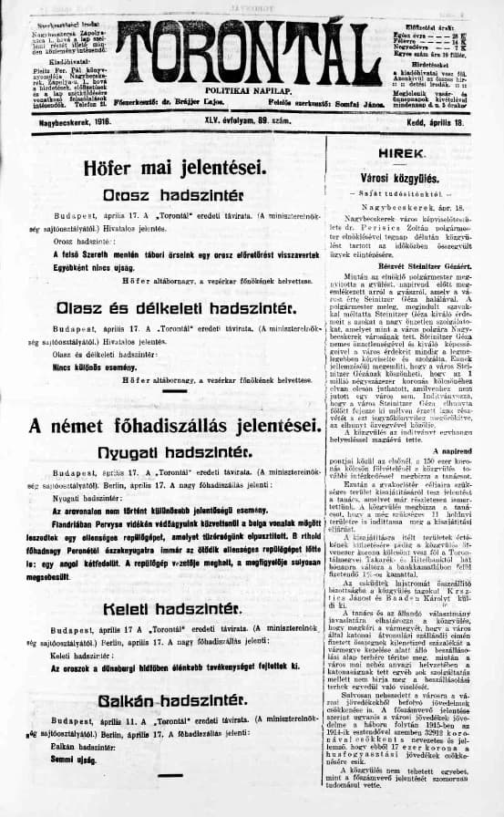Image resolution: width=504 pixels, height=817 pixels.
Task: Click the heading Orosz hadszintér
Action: click(x=174, y=195)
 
